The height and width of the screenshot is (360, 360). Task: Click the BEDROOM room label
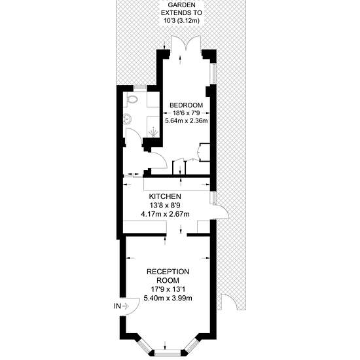pos(186,105)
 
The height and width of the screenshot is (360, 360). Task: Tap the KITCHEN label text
pos(165,196)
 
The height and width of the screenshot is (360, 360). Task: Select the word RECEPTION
pos(168,272)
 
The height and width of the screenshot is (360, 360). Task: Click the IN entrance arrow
pos(126,306)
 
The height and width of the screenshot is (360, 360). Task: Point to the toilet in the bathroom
pos(131,99)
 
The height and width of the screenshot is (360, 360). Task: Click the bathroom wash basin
pos(127,119)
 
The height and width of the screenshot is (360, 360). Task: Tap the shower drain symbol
pos(153,133)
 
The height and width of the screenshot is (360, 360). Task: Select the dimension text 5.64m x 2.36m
pos(187,120)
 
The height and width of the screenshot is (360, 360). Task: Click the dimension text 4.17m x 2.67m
pos(166,214)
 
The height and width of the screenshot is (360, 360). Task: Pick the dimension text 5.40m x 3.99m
pos(168,298)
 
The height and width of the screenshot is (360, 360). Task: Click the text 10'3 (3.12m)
pos(181,21)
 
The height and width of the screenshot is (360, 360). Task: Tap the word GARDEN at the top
pos(181,5)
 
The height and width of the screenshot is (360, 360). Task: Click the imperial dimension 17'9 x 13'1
pos(168,289)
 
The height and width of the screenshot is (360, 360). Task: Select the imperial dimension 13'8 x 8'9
pos(166,206)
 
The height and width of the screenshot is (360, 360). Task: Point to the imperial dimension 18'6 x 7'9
pos(186,113)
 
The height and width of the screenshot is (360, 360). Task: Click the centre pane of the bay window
pos(168,353)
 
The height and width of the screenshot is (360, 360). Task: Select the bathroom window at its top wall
pos(140,88)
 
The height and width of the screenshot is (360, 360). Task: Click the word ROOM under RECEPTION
pos(168,280)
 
